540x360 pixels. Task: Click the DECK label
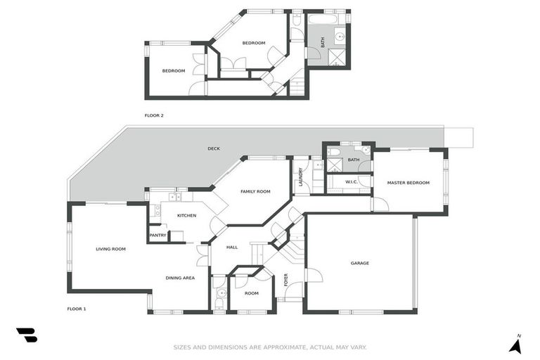pos(214,148)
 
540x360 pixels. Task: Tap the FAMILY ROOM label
pos(255,191)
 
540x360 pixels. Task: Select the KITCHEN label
pos(186,215)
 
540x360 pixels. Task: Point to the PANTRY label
pos(157,236)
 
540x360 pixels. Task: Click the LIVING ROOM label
pos(110,249)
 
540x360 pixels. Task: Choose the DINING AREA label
pos(180,278)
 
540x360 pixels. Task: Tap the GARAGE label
pos(360,263)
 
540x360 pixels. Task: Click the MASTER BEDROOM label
pos(408,183)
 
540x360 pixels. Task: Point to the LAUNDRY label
pos(300,176)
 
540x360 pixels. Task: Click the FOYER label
pos(285,279)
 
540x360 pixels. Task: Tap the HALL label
pos(231,247)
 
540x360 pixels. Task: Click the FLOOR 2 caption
pos(154,115)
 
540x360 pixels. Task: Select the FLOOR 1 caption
pos(76,309)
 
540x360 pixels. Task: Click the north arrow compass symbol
pos(515,344)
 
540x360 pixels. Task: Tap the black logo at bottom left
pos(26,335)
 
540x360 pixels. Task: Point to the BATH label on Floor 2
pos(323,43)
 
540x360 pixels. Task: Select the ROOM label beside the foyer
pos(251,293)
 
